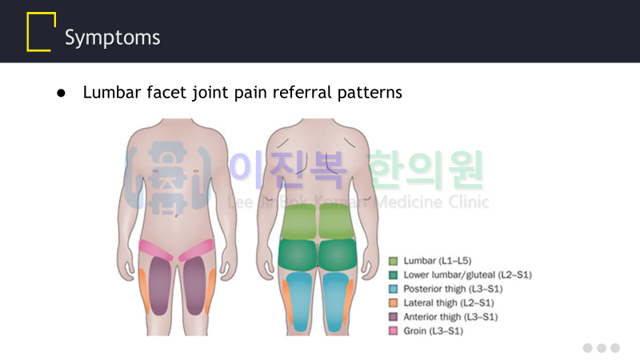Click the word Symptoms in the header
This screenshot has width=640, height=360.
pyautogui.click(x=112, y=37)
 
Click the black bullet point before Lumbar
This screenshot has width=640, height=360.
pyautogui.click(x=62, y=94)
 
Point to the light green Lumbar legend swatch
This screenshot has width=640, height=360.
pyautogui.click(x=393, y=261)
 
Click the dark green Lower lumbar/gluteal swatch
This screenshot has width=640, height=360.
pyautogui.click(x=393, y=274)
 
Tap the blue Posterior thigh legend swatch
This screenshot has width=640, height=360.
pyautogui.click(x=393, y=289)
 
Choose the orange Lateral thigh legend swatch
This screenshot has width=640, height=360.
pyautogui.click(x=393, y=302)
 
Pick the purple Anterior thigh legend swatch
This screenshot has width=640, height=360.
pyautogui.click(x=393, y=316)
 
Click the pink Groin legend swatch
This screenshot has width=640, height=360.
pyautogui.click(x=393, y=330)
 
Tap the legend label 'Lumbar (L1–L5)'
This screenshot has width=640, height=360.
pyautogui.click(x=437, y=261)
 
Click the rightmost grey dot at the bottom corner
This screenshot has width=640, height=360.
pyautogui.click(x=614, y=348)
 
